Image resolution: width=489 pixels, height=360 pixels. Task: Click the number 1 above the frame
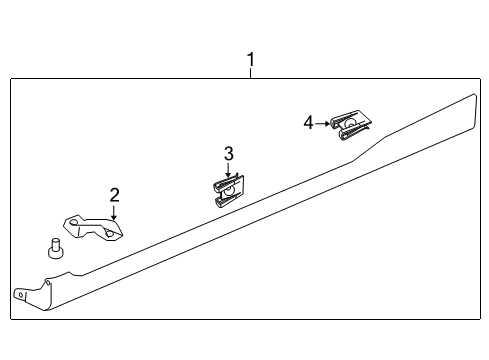coord(250,61)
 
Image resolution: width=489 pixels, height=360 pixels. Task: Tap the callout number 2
coord(114,195)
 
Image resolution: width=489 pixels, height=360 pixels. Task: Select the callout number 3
coord(228,153)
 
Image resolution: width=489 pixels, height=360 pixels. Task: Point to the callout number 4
coord(309,122)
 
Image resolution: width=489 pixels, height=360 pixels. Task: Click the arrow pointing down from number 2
coord(114,211)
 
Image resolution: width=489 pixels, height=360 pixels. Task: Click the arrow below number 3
coord(228,170)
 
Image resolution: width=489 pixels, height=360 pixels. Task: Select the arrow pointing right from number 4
coord(323,122)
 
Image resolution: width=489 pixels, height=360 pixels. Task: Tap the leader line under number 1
coord(250,73)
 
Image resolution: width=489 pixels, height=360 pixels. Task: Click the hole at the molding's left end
coord(19,294)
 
